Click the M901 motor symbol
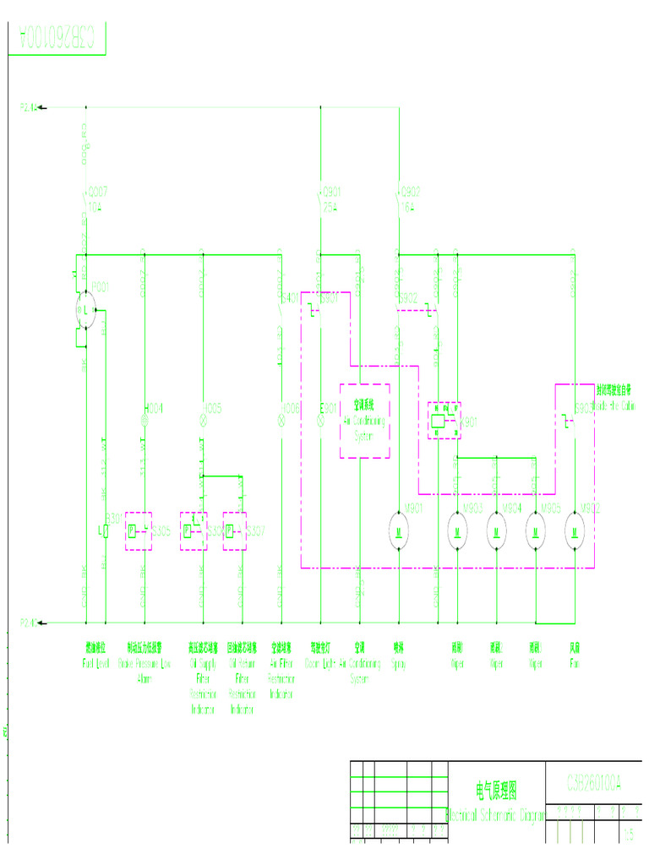click(x=398, y=530)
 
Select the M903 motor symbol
click(x=457, y=530)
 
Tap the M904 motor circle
click(x=496, y=530)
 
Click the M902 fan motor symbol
click(x=575, y=530)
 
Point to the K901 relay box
click(x=443, y=420)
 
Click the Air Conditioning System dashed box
click(x=364, y=421)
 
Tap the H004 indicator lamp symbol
click(x=145, y=418)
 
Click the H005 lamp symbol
click(x=202, y=418)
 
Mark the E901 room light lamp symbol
click(x=320, y=418)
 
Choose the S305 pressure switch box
click(x=138, y=531)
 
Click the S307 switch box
click(x=235, y=531)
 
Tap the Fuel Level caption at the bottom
click(x=96, y=657)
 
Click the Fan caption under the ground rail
click(x=575, y=657)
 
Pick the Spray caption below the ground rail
click(x=398, y=657)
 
